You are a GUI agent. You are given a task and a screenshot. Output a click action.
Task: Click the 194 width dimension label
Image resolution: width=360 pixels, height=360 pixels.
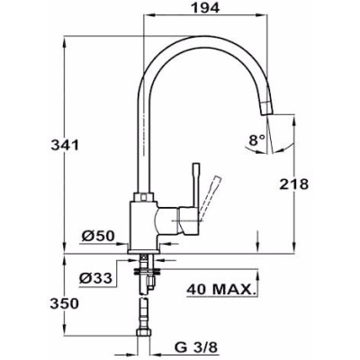[205, 8]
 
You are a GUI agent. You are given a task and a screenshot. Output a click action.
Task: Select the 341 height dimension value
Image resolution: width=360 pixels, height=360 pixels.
[65, 146]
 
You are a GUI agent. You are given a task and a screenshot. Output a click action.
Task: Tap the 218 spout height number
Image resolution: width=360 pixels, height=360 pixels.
[294, 184]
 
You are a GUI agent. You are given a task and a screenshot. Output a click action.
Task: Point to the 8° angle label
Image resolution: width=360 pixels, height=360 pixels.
[257, 139]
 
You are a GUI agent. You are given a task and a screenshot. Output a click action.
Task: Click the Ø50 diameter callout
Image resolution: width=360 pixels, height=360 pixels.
[98, 237]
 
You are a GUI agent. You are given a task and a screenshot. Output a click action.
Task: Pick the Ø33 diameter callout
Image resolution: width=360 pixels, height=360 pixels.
[95, 279]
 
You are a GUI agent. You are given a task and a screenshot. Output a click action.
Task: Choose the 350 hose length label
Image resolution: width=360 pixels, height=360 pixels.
[65, 304]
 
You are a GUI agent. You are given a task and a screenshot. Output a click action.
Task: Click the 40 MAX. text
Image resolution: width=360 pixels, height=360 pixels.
[222, 290]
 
